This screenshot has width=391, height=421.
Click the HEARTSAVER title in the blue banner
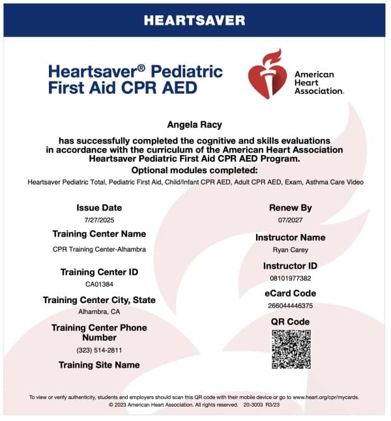[195, 20]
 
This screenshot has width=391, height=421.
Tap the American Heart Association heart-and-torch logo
[266, 76]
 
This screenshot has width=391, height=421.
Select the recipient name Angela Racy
[195, 124]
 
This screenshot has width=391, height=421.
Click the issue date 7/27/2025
[99, 220]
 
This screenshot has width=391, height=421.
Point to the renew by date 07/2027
[290, 220]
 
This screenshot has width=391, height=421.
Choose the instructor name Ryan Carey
[290, 249]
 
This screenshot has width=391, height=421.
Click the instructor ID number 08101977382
[290, 278]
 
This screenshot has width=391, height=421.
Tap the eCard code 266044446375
[290, 306]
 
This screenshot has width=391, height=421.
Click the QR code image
[291, 350]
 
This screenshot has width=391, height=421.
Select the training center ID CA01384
[99, 283]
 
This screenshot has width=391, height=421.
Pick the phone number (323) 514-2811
[99, 350]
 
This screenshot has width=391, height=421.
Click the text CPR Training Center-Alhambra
[99, 249]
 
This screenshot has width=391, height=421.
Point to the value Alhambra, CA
[99, 312]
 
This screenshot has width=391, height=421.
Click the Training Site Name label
[99, 365]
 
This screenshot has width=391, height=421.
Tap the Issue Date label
[99, 208]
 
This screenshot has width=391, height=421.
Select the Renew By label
[290, 208]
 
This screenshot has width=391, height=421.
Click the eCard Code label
[290, 294]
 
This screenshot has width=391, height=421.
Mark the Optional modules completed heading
[195, 169]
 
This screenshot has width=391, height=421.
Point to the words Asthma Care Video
[336, 182]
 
